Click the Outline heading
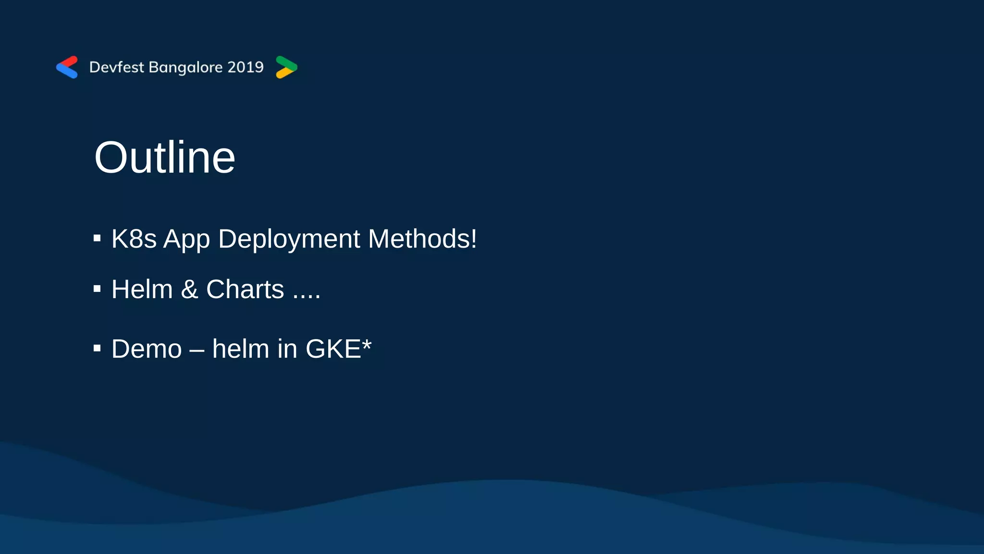[x=164, y=158]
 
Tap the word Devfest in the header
[x=116, y=67]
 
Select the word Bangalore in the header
[x=185, y=67]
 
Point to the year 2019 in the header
[x=246, y=67]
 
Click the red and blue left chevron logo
[x=67, y=67]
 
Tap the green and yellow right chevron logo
[x=286, y=67]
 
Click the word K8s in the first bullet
[x=134, y=239]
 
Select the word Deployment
[x=289, y=239]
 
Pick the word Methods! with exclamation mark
[x=422, y=239]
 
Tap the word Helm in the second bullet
[x=142, y=290]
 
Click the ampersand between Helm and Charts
[x=189, y=290]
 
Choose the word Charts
[x=245, y=290]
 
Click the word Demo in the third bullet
[x=147, y=349]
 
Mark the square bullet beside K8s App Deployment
[x=97, y=238]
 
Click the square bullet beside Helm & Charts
[x=97, y=289]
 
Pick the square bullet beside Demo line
[x=97, y=348]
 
